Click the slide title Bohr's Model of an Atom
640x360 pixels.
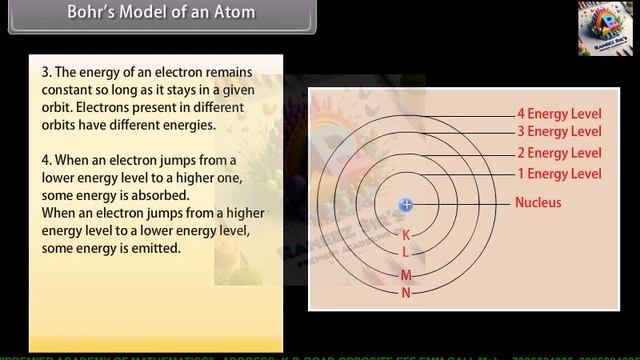tap(161, 13)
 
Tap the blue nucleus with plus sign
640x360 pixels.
tap(406, 205)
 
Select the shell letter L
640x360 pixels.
tap(406, 253)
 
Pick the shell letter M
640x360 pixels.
tap(406, 275)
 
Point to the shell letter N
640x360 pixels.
tap(406, 293)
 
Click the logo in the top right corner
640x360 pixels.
tap(605, 28)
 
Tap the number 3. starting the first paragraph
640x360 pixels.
tap(46, 74)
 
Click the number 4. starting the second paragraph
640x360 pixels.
tap(46, 160)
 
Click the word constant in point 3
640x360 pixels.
tap(66, 91)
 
